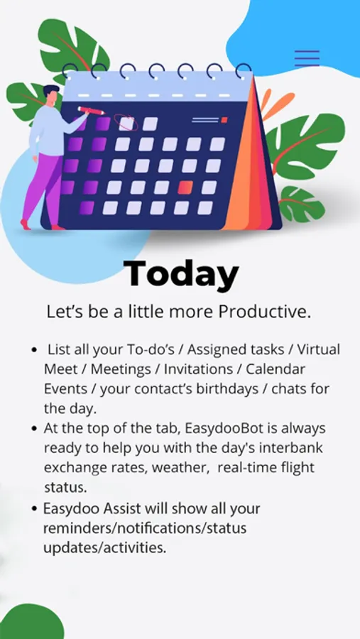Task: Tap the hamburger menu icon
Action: point(307,58)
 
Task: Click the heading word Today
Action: point(180,274)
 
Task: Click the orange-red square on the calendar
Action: point(185,187)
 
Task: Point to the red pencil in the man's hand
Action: point(90,111)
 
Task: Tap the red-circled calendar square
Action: point(126,123)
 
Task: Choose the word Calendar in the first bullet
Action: point(281,369)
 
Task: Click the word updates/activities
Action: point(105,548)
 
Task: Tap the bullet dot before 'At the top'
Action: point(35,429)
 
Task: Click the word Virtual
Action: point(318,349)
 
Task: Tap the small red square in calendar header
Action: point(224,120)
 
